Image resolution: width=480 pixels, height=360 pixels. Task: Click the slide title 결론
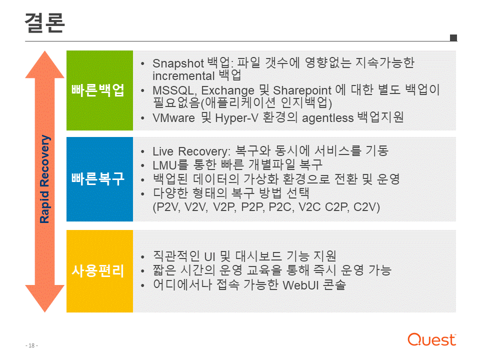pos(44,22)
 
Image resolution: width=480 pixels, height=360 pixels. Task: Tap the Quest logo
pos(431,339)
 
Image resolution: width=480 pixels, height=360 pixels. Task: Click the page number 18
pos(31,345)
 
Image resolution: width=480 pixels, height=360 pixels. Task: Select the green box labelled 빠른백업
pos(100,90)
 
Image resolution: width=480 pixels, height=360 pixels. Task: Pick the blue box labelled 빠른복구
pos(100,179)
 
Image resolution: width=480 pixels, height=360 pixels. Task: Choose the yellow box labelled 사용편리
pos(100,271)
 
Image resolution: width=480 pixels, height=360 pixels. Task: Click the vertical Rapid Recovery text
pos(44,179)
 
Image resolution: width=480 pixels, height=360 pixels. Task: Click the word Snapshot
pos(178,63)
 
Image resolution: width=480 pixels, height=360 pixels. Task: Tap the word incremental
pos(183,76)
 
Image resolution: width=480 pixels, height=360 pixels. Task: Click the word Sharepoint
pos(302,90)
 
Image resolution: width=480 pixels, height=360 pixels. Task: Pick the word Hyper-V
pos(236,118)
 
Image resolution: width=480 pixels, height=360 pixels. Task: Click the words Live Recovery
pos(191,151)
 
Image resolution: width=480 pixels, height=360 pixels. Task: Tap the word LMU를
pos(170,165)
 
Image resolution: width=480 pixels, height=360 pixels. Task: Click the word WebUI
pos(301,285)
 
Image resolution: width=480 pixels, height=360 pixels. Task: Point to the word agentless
pos(328,118)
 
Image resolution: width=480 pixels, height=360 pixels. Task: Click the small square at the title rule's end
pos(453,37)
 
